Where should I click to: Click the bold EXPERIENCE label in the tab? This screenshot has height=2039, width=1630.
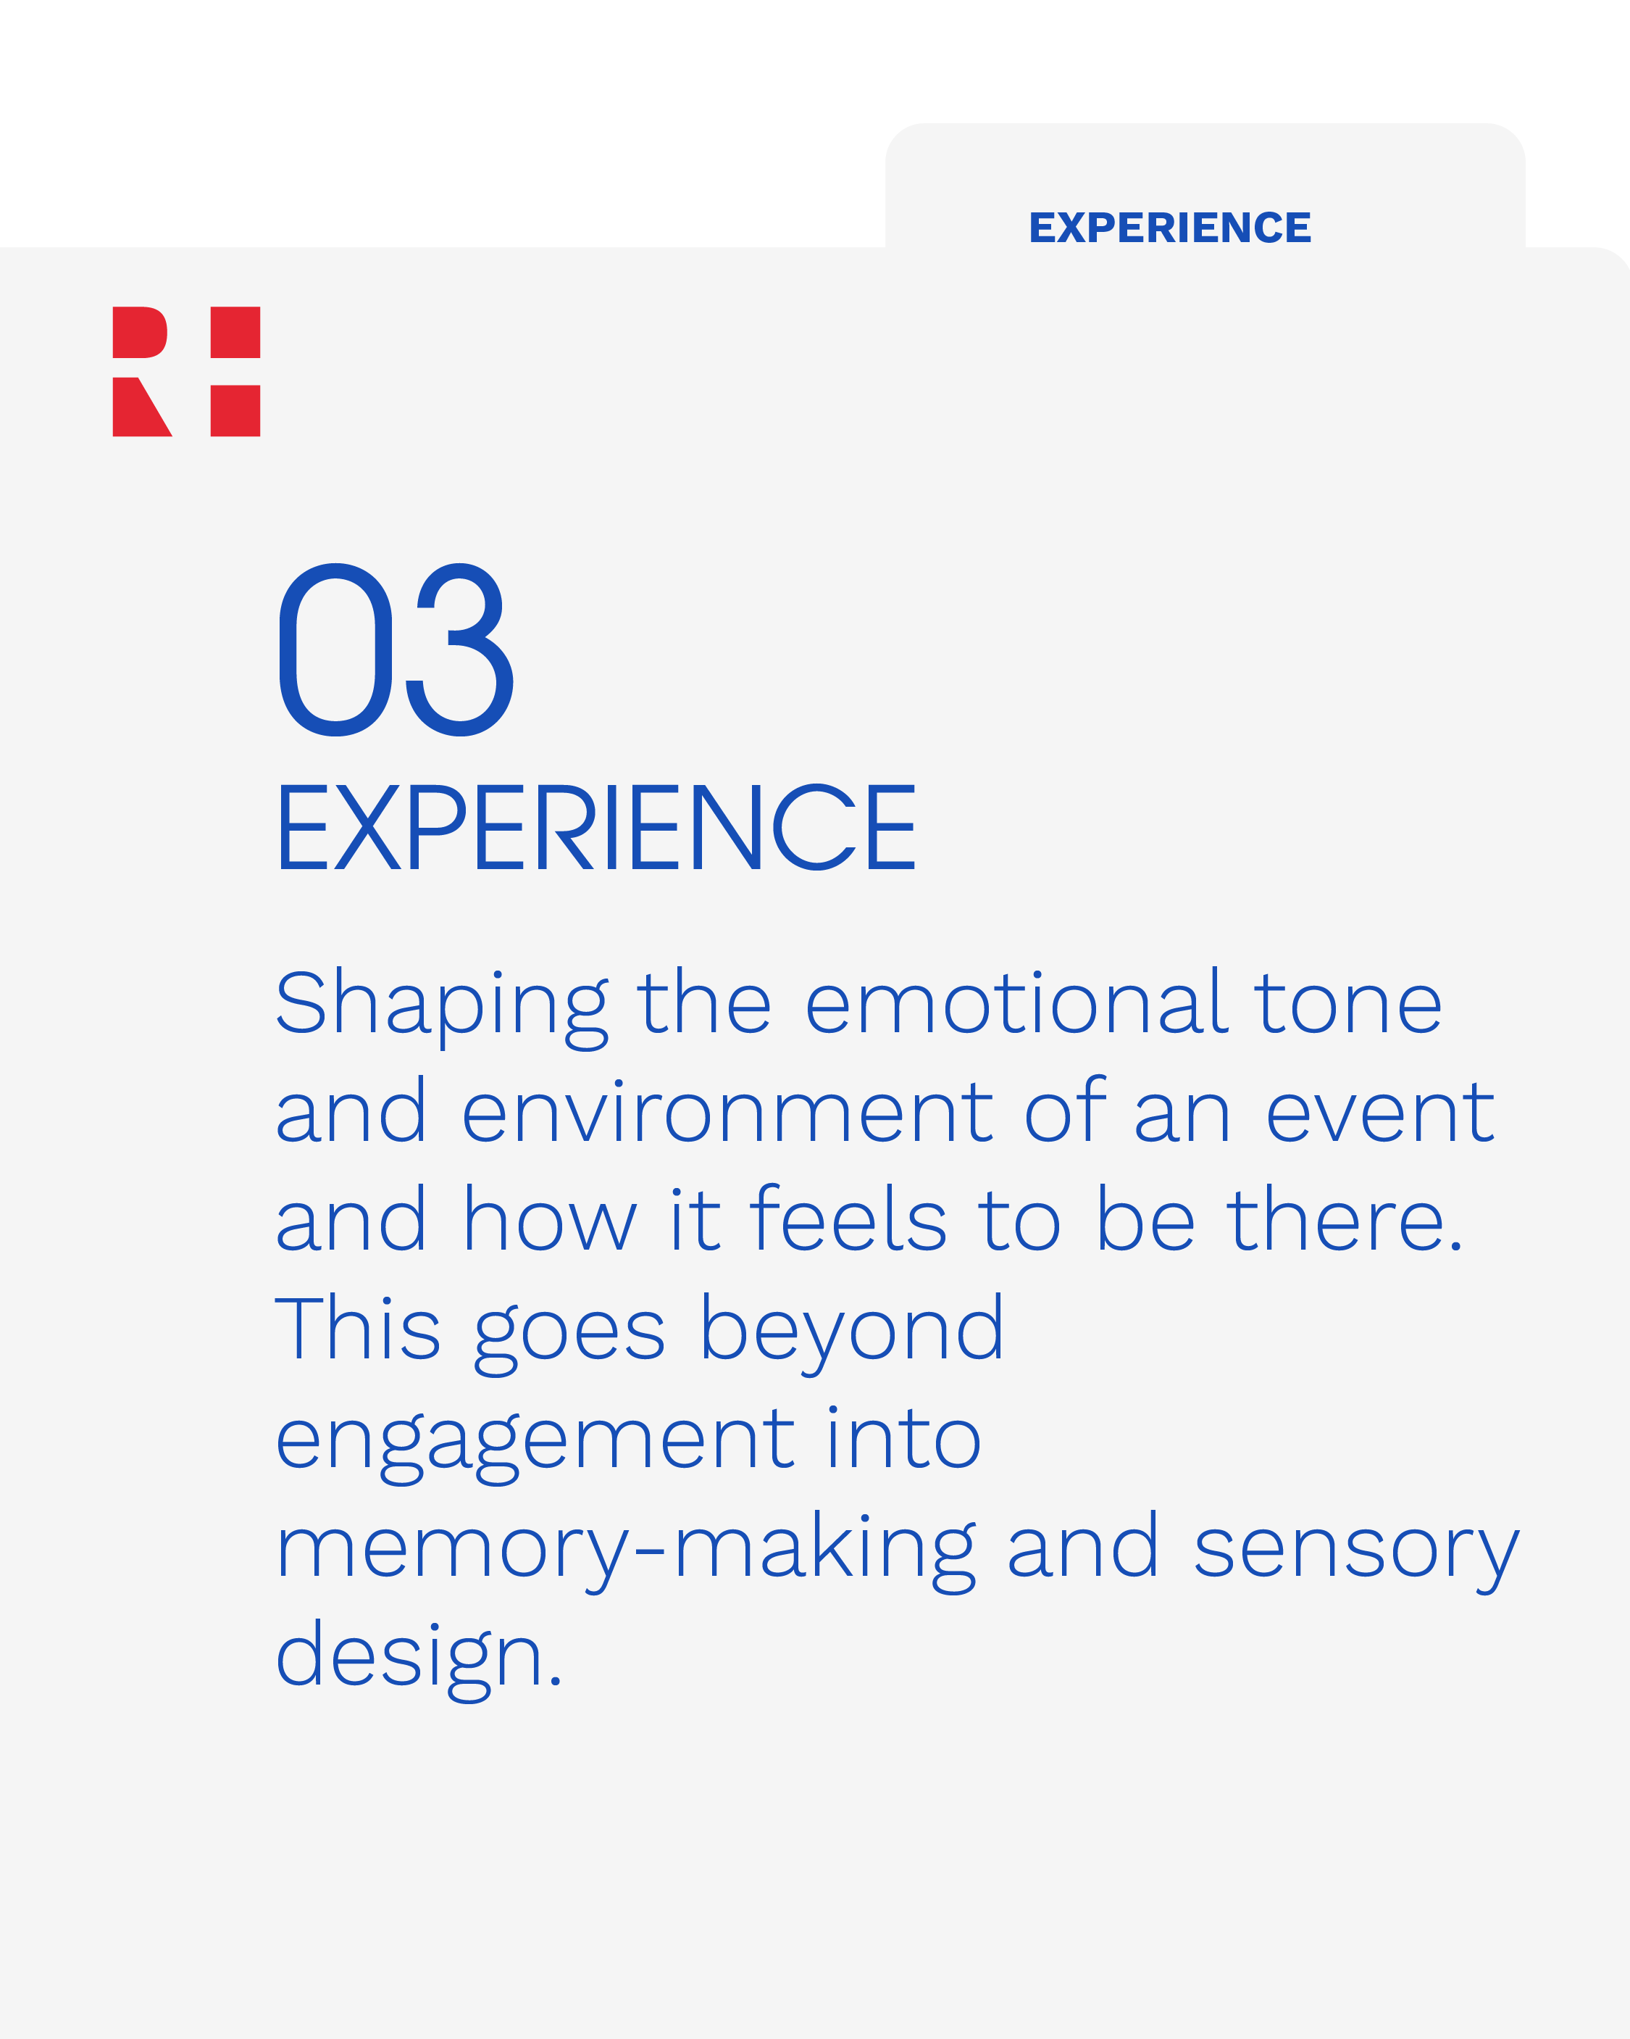pyautogui.click(x=1169, y=228)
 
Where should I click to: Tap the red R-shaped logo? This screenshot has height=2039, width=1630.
pyautogui.click(x=186, y=372)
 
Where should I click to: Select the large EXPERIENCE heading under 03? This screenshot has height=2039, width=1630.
pyautogui.click(x=595, y=828)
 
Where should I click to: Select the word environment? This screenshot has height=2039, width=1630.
pyautogui.click(x=726, y=1113)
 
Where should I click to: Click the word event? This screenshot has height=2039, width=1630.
pyautogui.click(x=1379, y=1113)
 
